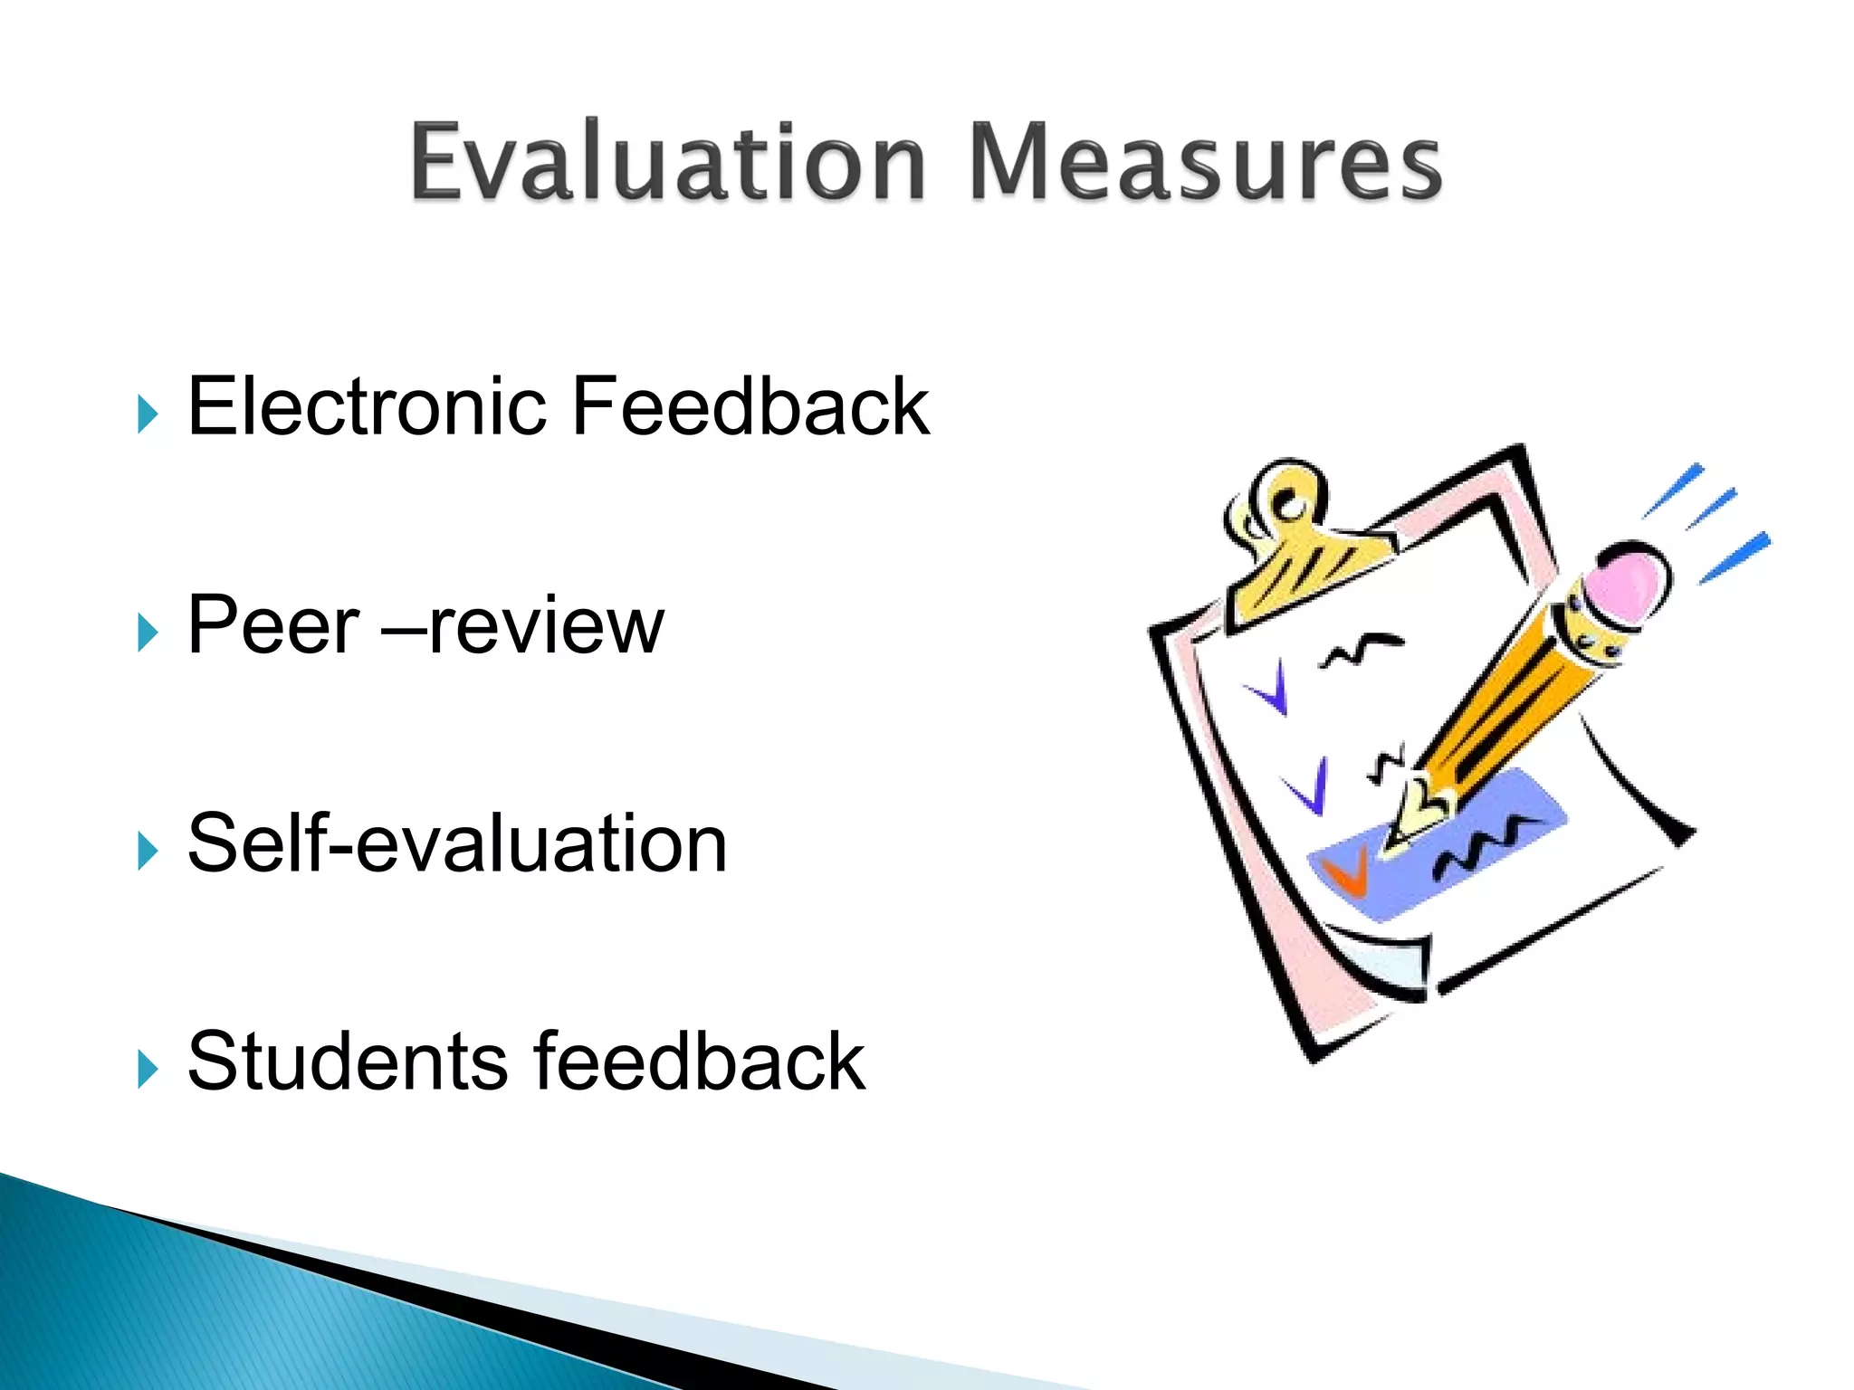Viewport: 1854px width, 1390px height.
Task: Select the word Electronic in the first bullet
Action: (x=368, y=407)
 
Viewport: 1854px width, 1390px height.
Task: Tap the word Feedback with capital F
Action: (x=750, y=407)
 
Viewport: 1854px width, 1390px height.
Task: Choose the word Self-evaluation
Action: (x=457, y=844)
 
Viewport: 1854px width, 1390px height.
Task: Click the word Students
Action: (x=348, y=1062)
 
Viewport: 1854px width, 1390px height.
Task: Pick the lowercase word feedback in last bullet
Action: (x=699, y=1062)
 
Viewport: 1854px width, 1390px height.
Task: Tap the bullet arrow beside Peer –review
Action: (x=148, y=633)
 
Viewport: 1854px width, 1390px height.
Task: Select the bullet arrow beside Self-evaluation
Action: (x=148, y=851)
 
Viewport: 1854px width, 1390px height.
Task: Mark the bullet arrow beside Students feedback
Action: (x=148, y=1070)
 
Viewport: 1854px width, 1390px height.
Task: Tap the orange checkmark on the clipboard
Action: (x=1346, y=874)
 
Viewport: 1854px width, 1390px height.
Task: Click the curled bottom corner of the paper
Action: (x=1385, y=968)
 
